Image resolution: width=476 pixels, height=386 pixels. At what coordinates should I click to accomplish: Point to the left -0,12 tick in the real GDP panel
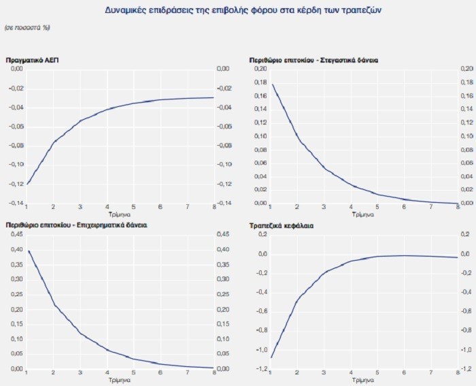pos(15,184)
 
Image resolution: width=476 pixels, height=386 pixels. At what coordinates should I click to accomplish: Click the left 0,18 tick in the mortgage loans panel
pos(260,83)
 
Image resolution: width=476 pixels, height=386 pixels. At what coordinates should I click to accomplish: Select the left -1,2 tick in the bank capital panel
pos(260,369)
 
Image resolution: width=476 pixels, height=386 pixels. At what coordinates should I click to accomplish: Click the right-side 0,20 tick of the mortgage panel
pos(467,69)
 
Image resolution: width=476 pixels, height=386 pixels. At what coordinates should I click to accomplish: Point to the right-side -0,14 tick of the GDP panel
pos(223,203)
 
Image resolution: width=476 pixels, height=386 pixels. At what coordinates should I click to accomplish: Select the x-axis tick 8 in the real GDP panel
pos(214,207)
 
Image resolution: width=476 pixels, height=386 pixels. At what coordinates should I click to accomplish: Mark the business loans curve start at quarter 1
pos(28,251)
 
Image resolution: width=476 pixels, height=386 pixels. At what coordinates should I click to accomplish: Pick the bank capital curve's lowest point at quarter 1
pos(271,357)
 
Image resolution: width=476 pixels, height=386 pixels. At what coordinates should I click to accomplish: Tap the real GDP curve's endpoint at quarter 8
pos(214,97)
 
